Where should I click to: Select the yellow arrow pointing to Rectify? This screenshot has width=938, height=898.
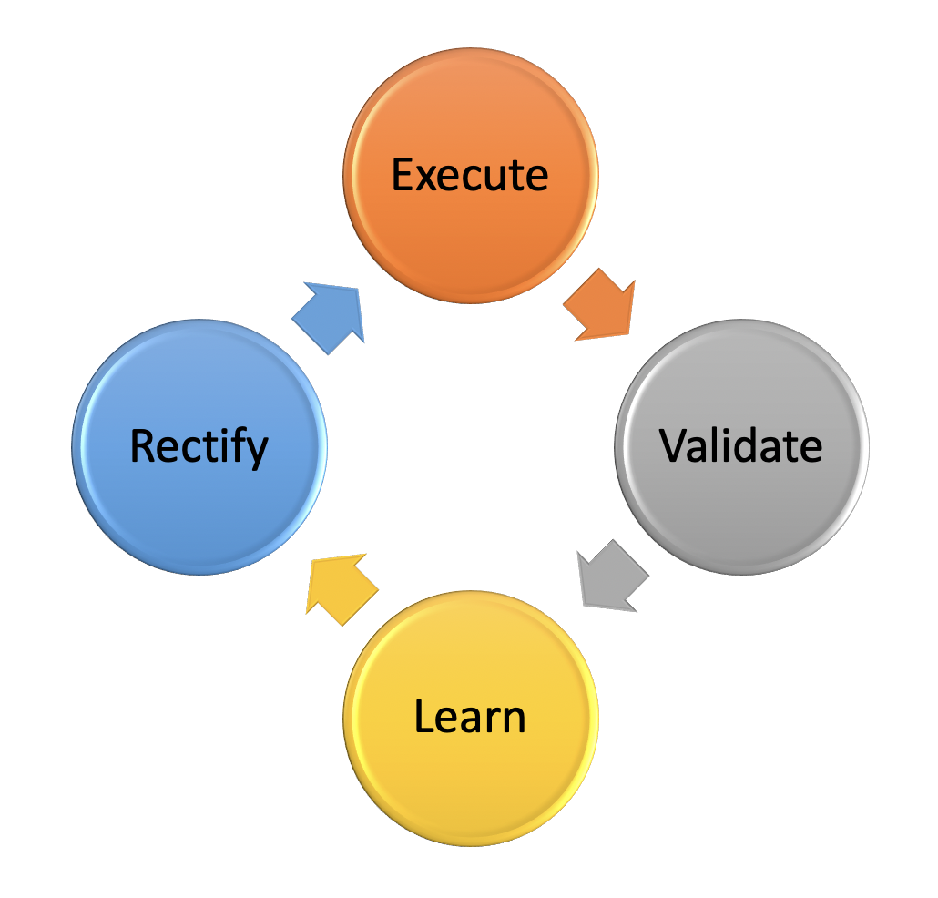pos(341,587)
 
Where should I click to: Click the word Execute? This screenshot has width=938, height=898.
pos(470,174)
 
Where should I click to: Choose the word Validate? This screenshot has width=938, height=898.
pos(740,445)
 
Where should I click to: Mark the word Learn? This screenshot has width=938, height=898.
pos(470,717)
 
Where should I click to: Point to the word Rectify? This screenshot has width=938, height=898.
pos(199,446)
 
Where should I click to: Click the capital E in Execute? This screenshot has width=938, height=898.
pos(403,174)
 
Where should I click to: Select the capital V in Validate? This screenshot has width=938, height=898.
pos(673,444)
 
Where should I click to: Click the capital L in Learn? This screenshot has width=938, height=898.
pos(423,717)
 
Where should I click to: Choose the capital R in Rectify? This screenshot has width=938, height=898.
pos(142,446)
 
